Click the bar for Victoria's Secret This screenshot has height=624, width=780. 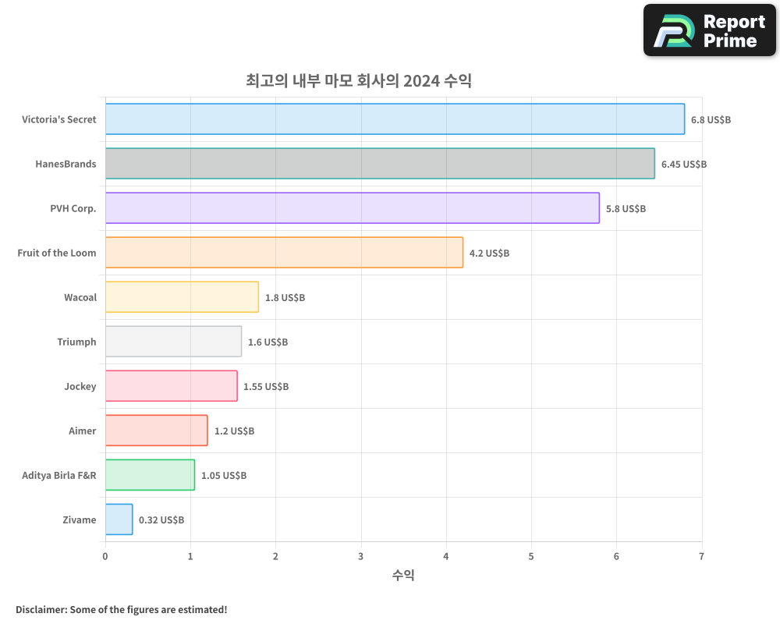click(395, 119)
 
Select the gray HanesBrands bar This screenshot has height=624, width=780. click(380, 164)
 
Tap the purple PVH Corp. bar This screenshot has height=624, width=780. click(352, 208)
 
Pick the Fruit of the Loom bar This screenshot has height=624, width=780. click(284, 253)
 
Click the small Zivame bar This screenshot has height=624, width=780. click(119, 519)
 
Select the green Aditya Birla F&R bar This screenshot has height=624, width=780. click(150, 475)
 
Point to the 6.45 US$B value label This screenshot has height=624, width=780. click(684, 165)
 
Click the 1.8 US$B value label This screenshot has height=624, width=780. click(285, 298)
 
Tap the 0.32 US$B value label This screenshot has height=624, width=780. click(161, 520)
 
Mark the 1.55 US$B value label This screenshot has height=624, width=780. click(266, 387)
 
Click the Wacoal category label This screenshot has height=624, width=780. click(80, 297)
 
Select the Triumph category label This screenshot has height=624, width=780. click(76, 342)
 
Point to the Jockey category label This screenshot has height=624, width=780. click(80, 386)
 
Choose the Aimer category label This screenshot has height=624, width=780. click(83, 431)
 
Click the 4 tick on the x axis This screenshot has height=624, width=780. click(446, 556)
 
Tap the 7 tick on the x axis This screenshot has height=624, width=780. click(701, 556)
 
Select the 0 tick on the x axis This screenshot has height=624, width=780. click(105, 556)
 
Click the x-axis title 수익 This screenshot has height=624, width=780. click(403, 576)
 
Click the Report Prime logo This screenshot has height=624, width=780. click(709, 30)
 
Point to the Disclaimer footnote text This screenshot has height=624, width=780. click(122, 609)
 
